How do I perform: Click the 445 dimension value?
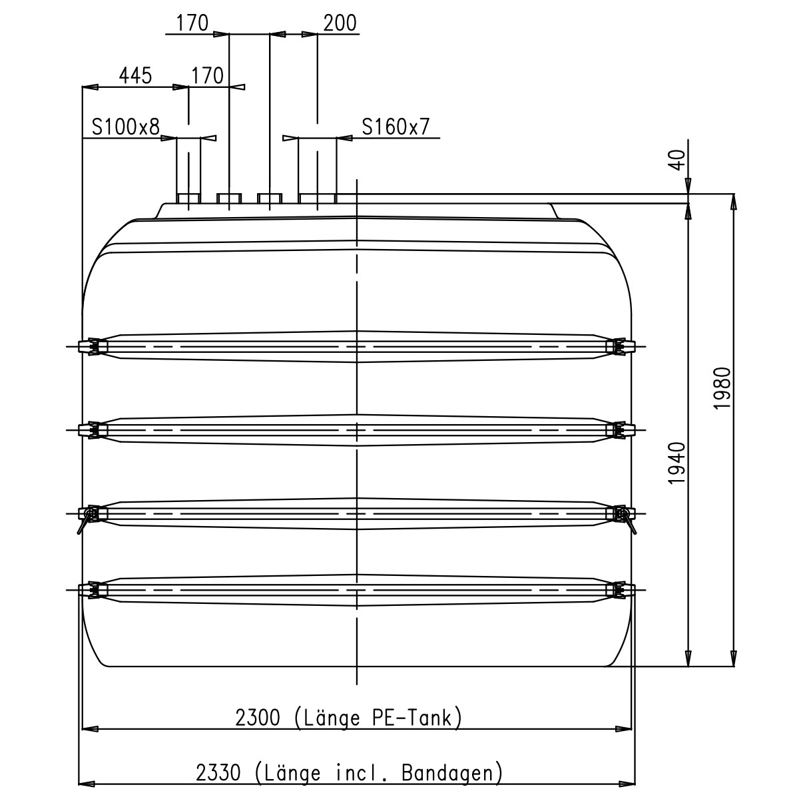pos(136,75)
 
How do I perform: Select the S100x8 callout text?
pos(126,127)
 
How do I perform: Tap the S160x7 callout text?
pos(396,127)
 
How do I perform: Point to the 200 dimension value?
pos(340,23)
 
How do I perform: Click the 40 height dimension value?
pos(678,160)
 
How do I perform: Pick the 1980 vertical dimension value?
pos(722,388)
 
